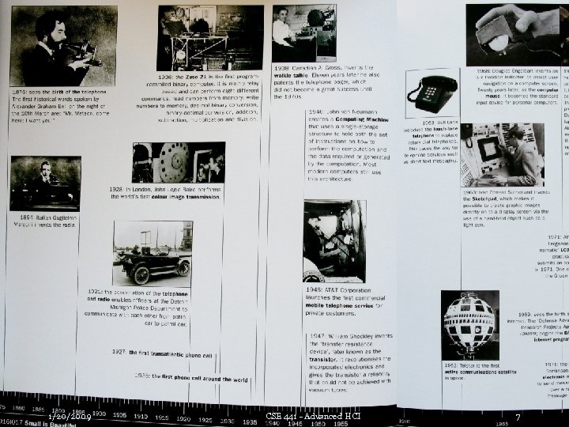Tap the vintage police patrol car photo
click(152, 254)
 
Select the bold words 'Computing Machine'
click(363, 119)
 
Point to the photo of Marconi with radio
click(45, 183)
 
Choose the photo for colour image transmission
click(179, 163)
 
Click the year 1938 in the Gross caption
click(282, 68)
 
